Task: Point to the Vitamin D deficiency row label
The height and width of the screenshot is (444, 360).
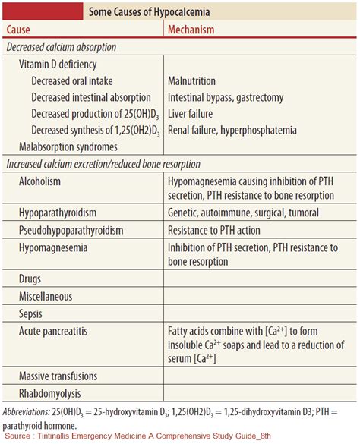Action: (x=58, y=65)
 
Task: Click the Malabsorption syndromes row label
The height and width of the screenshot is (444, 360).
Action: (x=68, y=146)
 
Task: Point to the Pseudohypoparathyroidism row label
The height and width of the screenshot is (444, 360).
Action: (x=71, y=230)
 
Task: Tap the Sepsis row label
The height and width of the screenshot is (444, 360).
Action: (x=30, y=313)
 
